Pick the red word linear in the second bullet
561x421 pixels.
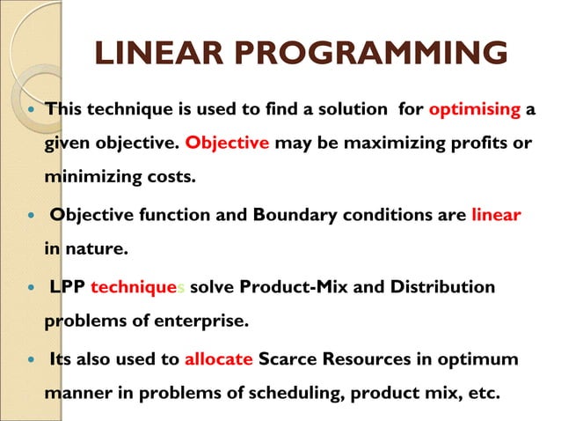497,216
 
